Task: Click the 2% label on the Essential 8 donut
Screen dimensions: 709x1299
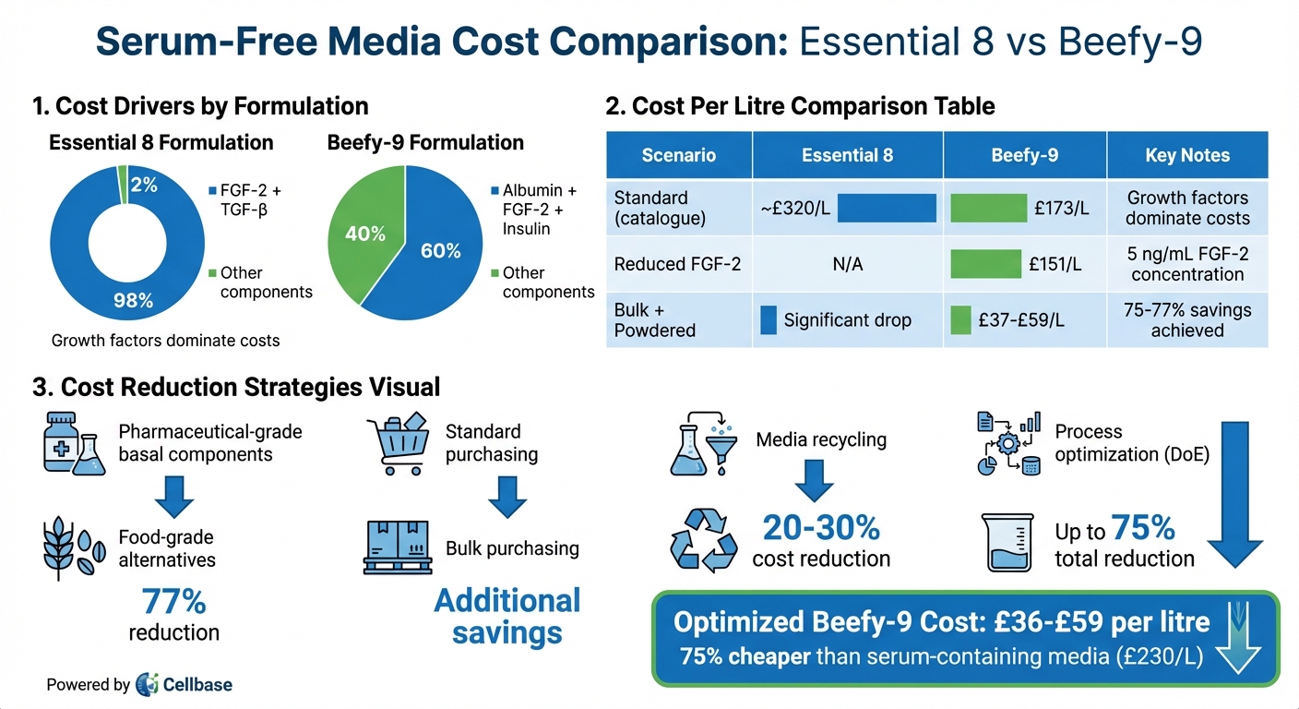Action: (145, 185)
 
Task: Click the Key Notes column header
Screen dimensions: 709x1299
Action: (1186, 155)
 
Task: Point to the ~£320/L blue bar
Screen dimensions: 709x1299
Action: (887, 209)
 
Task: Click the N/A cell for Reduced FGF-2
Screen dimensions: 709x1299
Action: (847, 265)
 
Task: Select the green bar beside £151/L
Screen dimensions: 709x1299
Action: (985, 265)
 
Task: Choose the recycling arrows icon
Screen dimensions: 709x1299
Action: (703, 538)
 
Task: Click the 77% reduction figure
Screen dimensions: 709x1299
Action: (173, 603)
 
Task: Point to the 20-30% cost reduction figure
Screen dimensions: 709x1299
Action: (821, 528)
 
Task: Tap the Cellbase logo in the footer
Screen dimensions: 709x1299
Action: (185, 684)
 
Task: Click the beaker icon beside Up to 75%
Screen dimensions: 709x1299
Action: (1007, 543)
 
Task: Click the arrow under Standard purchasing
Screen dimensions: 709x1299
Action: (506, 496)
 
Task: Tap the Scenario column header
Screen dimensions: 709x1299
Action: (678, 155)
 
